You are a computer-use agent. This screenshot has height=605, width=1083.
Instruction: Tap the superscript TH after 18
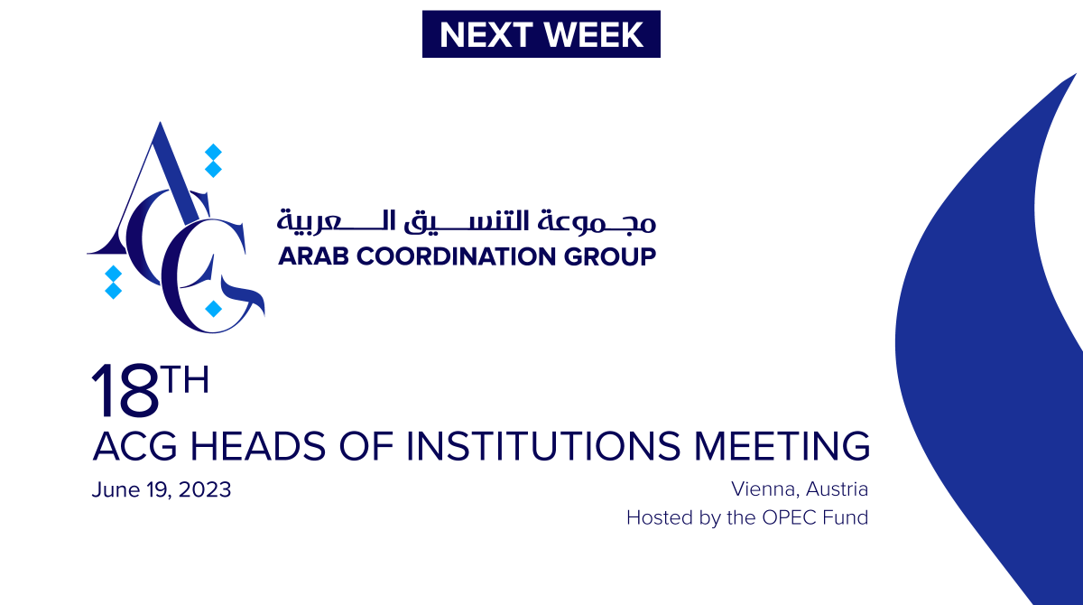(x=185, y=380)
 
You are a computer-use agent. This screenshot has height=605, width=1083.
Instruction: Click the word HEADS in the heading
(x=254, y=446)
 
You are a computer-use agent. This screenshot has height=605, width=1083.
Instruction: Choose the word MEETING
(x=782, y=446)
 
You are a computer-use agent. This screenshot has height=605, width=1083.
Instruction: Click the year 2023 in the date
(x=206, y=490)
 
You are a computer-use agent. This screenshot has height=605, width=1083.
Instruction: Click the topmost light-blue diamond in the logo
(x=213, y=151)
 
